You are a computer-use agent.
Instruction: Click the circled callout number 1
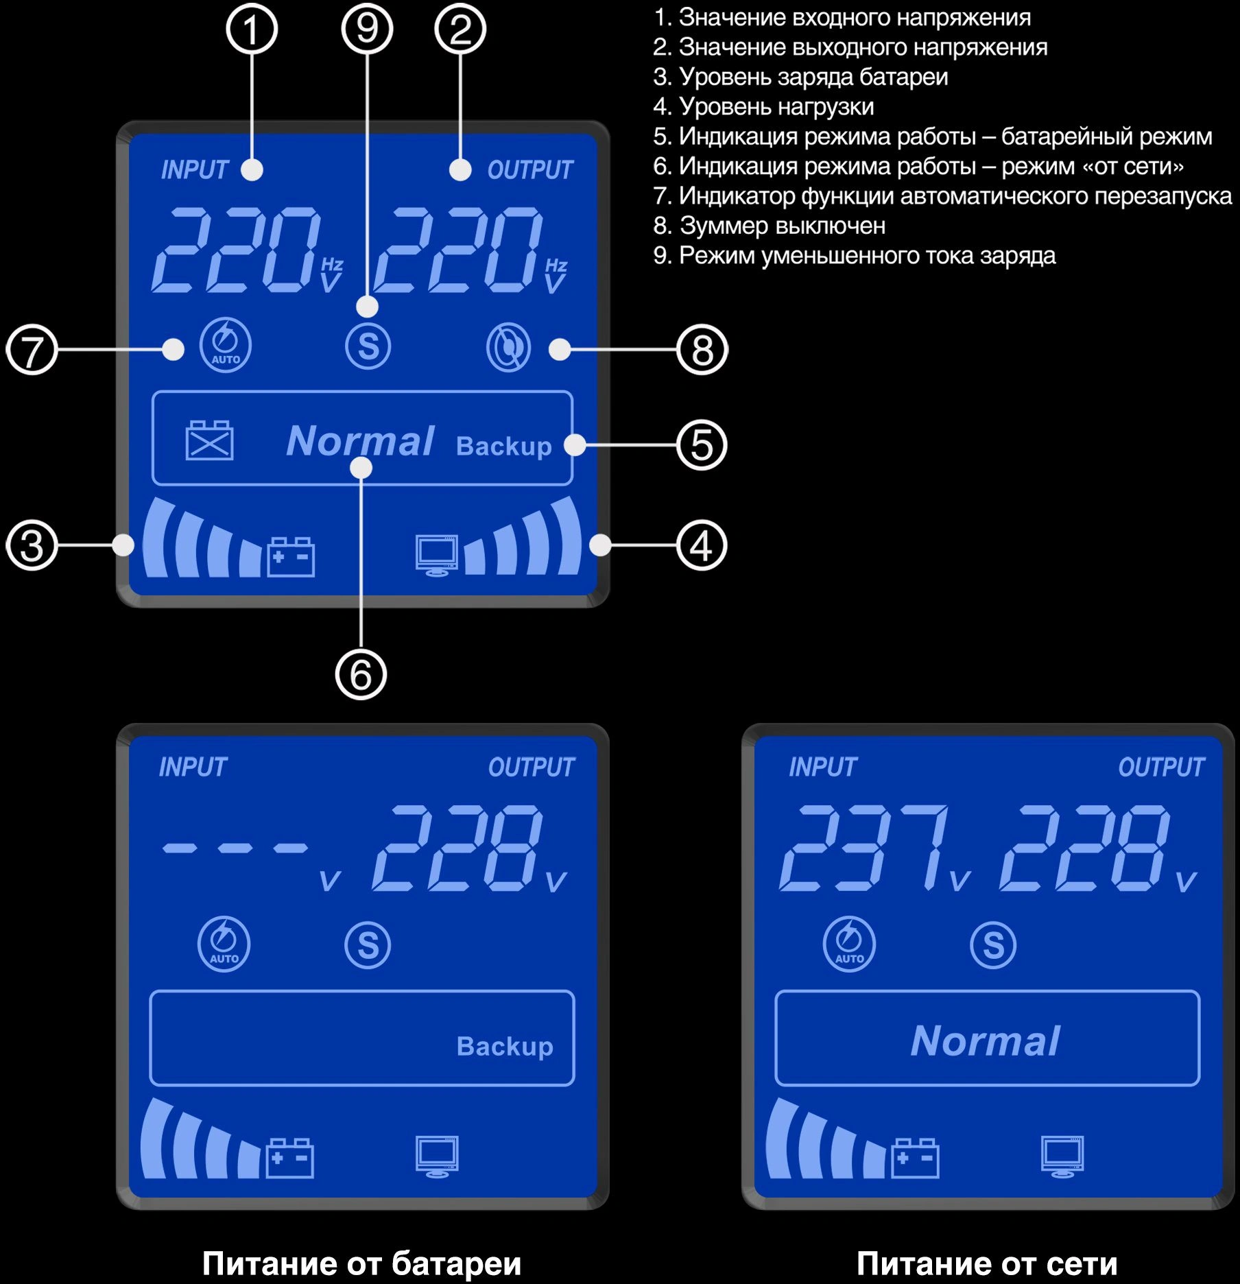tap(252, 29)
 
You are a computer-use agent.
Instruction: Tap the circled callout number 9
tap(367, 29)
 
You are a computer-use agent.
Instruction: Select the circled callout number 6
tap(361, 674)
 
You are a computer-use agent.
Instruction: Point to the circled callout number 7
tap(32, 350)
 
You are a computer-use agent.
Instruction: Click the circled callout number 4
tap(702, 546)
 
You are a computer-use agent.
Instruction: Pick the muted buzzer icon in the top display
tap(508, 347)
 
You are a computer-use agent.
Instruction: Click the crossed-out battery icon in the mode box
tap(210, 440)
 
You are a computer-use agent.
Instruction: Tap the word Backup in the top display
tap(504, 447)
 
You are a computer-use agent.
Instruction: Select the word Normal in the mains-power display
tap(986, 1041)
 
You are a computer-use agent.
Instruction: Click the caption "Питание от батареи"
tap(361, 1263)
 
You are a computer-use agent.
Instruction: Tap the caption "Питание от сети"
tap(987, 1263)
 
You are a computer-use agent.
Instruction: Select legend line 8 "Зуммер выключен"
tap(770, 226)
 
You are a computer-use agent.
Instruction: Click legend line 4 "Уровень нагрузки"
tap(764, 107)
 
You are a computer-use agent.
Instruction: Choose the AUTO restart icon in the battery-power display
tap(224, 944)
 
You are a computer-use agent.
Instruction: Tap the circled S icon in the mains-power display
tap(993, 945)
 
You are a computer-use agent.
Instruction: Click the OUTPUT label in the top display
tap(530, 170)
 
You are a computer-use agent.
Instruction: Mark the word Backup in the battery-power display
tap(505, 1047)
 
